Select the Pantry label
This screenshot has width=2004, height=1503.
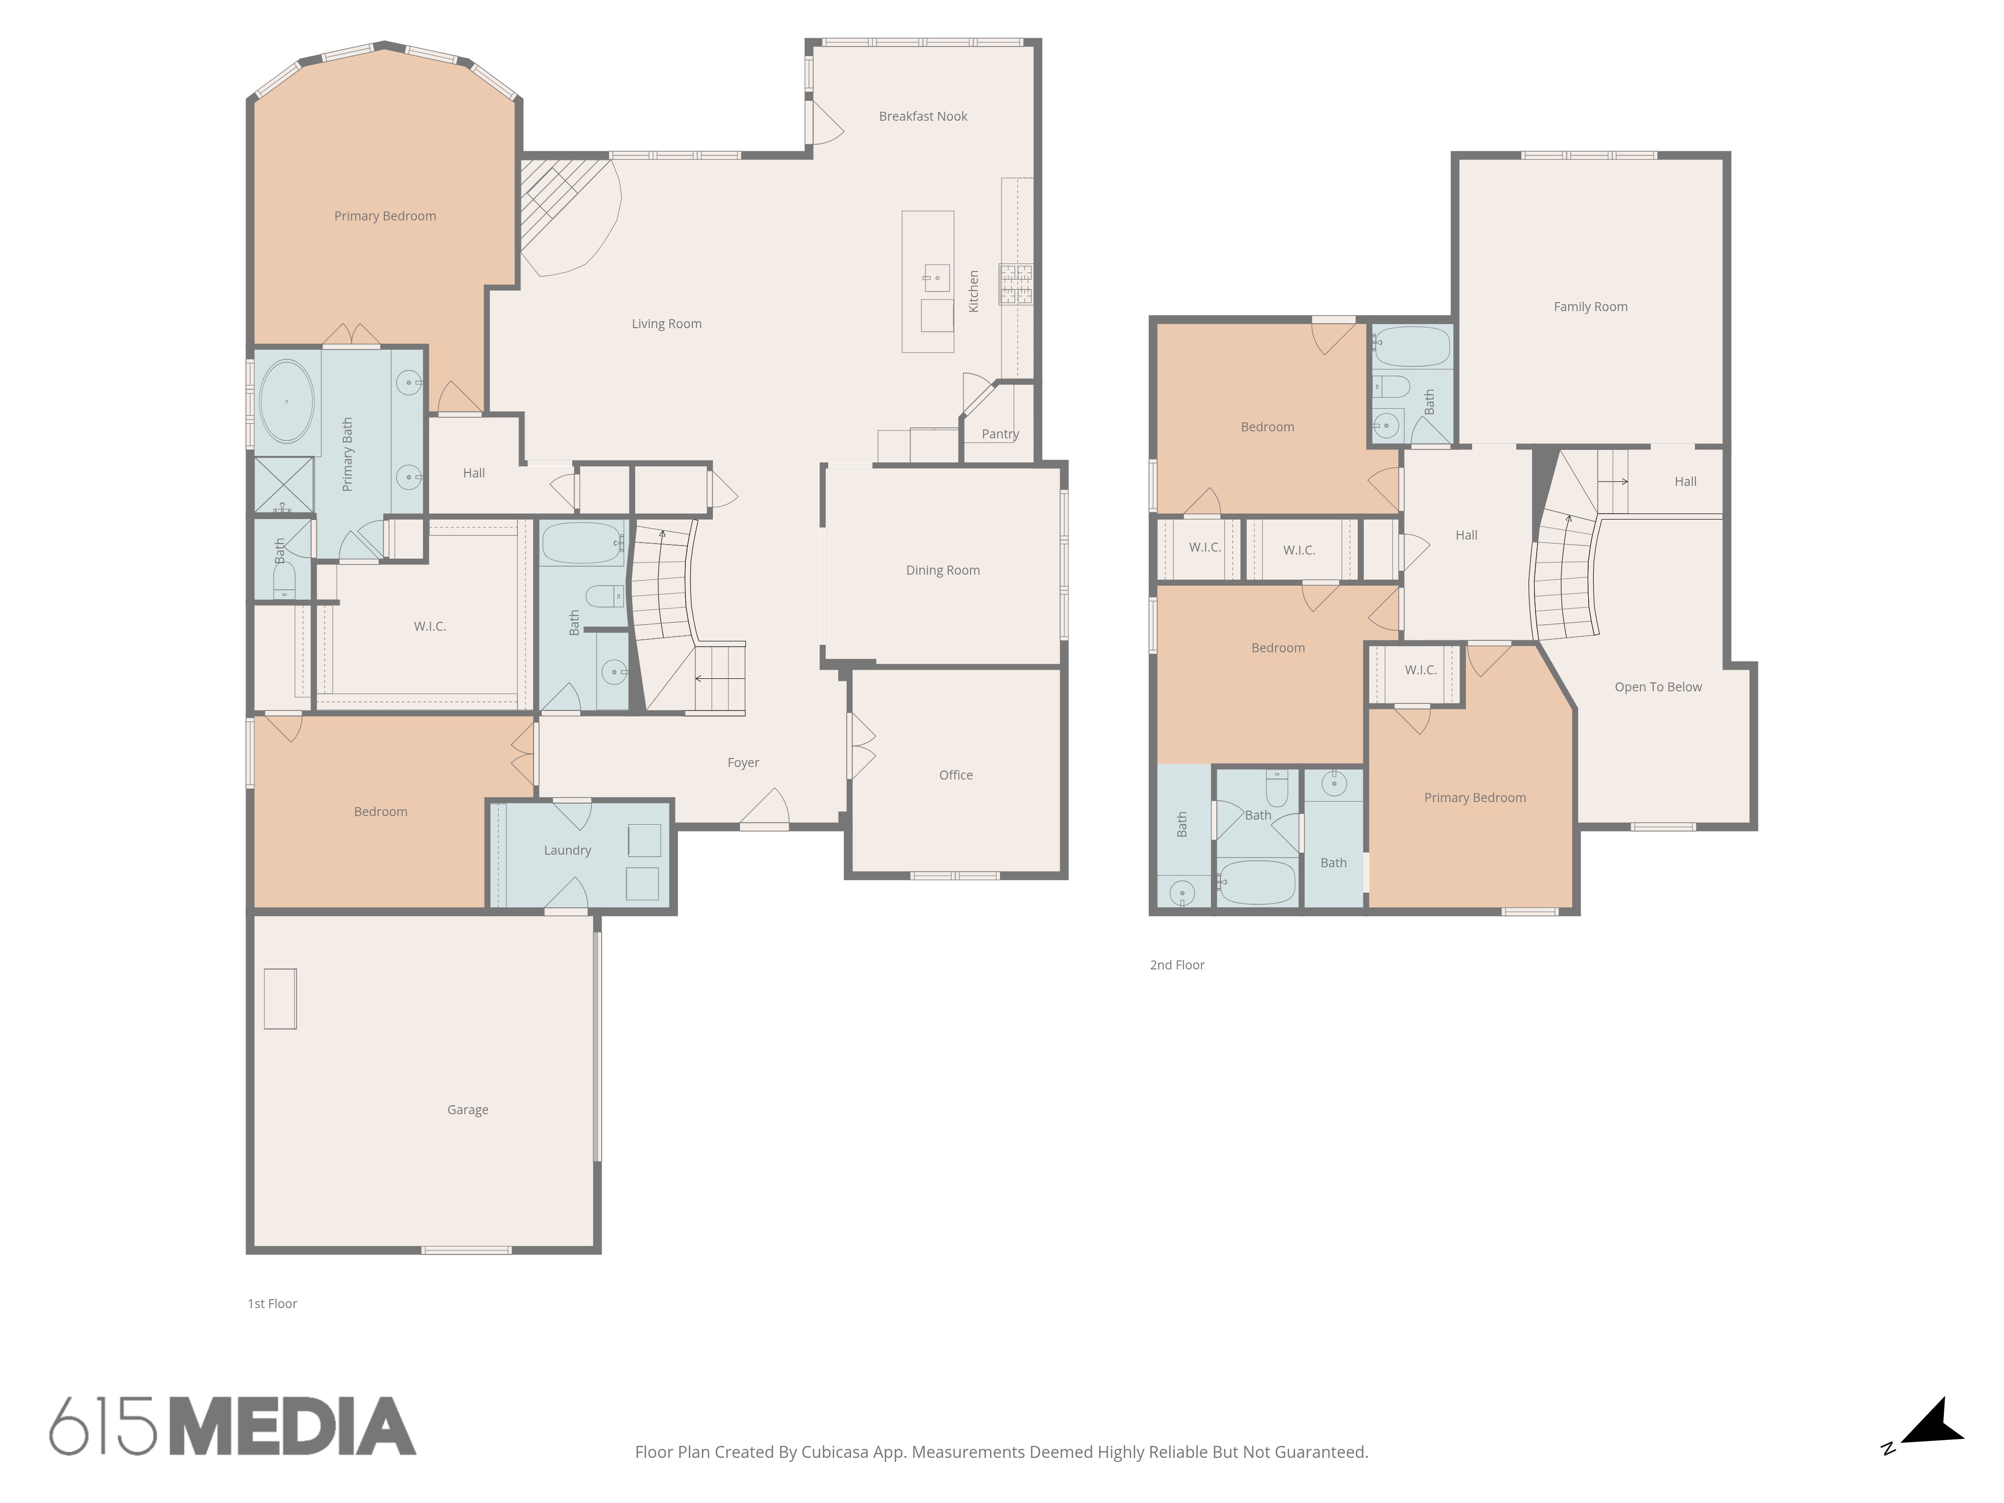(1000, 434)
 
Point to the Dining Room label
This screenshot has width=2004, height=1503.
(942, 570)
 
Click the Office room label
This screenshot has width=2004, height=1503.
(956, 775)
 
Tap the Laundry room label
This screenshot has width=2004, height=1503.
(567, 850)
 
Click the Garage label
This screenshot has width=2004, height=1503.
(467, 1110)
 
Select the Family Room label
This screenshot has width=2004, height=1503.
(1590, 306)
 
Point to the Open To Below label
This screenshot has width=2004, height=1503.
(1658, 687)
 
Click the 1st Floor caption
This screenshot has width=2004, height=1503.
(272, 1304)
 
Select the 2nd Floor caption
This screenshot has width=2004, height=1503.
(1177, 965)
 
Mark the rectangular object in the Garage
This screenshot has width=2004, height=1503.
(280, 998)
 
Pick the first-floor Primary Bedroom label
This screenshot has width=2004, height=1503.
(385, 215)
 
